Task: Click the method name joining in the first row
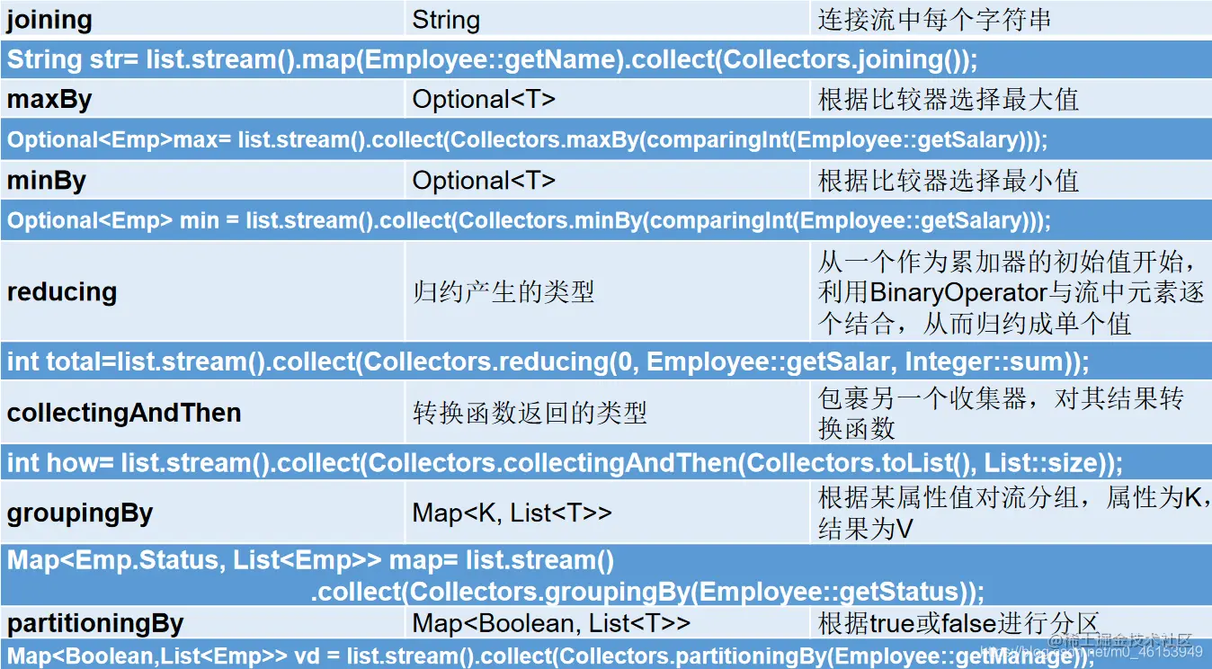coord(49,20)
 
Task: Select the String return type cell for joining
coord(446,20)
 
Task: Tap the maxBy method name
coord(49,99)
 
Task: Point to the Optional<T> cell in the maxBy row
coord(484,99)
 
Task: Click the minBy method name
coord(47,180)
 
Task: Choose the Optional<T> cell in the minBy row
coord(484,180)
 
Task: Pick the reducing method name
coord(62,291)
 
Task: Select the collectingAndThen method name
coord(124,413)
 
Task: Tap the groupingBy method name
coord(80,513)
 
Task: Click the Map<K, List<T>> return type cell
coord(512,513)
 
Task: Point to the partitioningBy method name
coord(95,623)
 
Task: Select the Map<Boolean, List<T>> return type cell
coord(551,623)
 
